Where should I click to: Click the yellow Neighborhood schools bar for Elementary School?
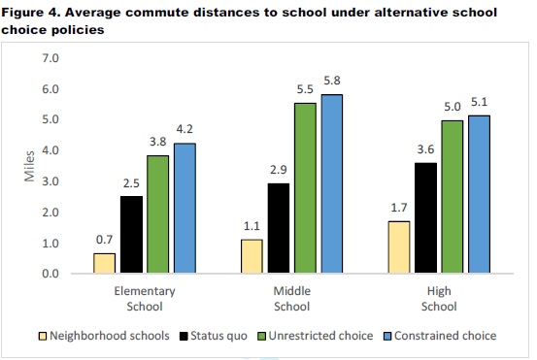coord(104,263)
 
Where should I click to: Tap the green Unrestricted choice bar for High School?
coord(453,197)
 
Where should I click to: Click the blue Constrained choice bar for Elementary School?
coord(185,209)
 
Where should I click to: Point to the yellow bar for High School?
coord(398,247)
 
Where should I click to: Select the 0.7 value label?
coord(104,239)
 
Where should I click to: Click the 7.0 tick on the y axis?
coord(50,59)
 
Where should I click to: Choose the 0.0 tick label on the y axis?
coord(50,275)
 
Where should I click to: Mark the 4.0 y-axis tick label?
coord(50,151)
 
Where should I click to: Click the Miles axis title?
coord(28,166)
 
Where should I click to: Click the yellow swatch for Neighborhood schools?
coord(41,336)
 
